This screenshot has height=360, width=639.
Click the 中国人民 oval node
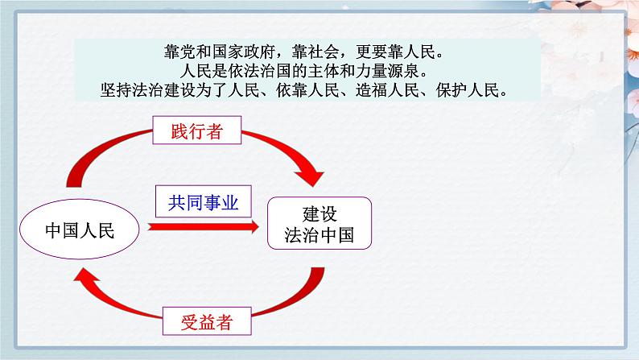point(80,231)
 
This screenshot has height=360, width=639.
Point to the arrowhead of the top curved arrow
point(309,172)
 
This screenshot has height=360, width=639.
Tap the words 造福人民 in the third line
point(385,89)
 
